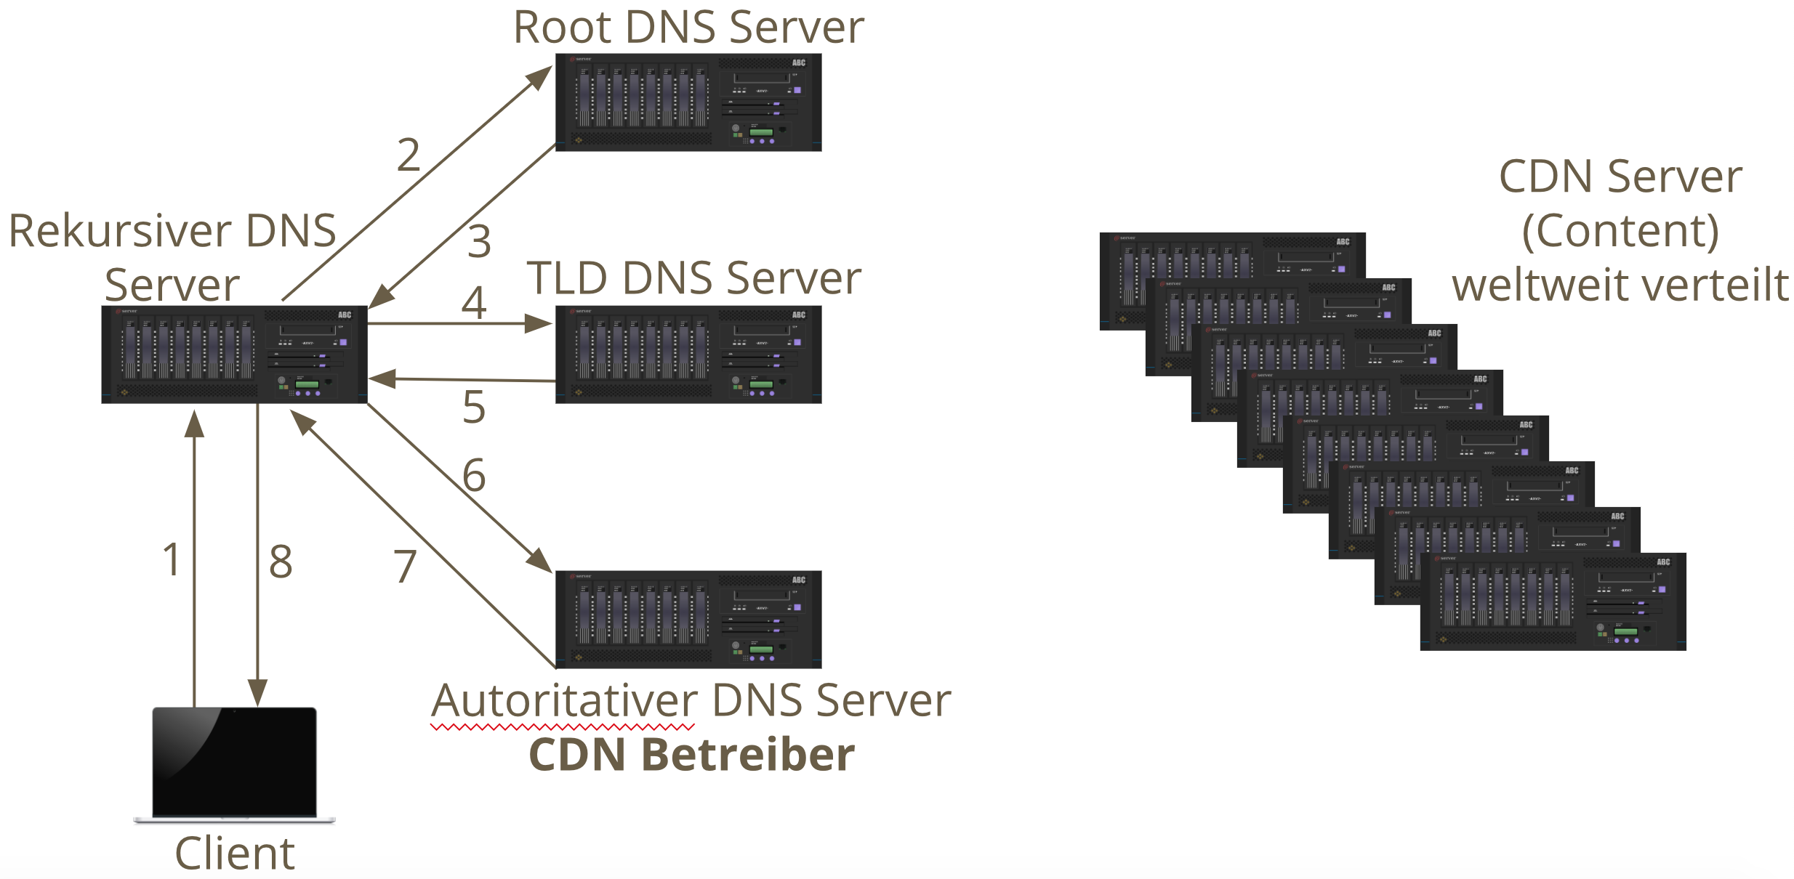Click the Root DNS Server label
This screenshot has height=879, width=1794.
[x=688, y=28]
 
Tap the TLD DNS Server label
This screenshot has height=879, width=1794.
[x=693, y=278]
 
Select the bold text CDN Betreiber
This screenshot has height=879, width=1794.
[x=691, y=755]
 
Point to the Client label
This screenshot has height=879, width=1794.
[x=234, y=853]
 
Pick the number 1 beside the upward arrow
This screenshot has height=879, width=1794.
[x=172, y=560]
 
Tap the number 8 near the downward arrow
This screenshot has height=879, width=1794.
[x=281, y=562]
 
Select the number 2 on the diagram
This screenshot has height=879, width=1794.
[x=409, y=155]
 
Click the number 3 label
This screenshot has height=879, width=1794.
[x=479, y=241]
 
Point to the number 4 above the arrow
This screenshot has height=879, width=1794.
[x=474, y=303]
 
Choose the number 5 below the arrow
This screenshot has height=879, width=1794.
[x=474, y=407]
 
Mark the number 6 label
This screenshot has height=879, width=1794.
[x=474, y=476]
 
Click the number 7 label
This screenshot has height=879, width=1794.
[x=405, y=567]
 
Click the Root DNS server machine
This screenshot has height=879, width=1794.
[x=688, y=102]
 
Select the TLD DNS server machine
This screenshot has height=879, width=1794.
[x=688, y=354]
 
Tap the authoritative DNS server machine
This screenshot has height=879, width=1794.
[x=688, y=619]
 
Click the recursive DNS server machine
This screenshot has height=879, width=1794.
[x=234, y=354]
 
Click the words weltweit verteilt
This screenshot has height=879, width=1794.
[x=1620, y=285]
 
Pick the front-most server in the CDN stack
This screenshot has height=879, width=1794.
[x=1553, y=601]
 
